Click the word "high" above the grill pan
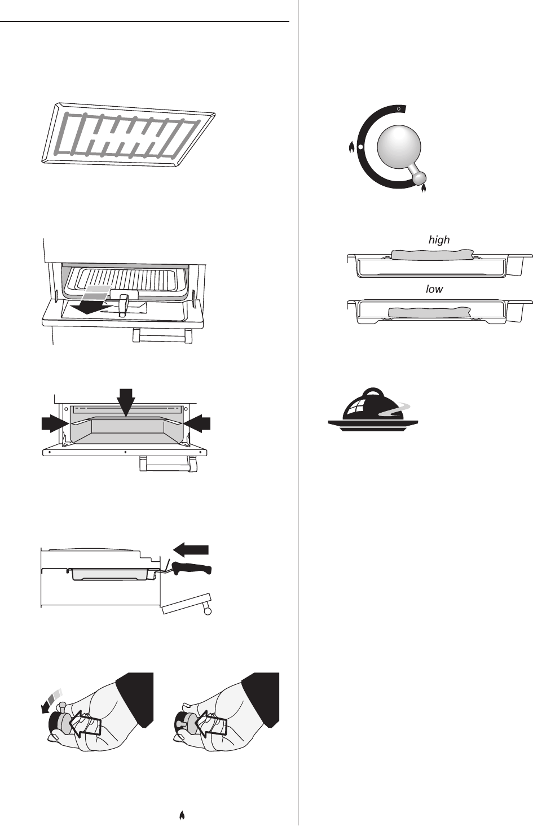tap(439, 240)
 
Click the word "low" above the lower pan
tap(434, 289)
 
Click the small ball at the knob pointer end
tap(419, 178)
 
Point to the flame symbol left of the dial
tap(351, 148)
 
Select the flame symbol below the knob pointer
tap(424, 189)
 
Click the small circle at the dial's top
tap(399, 107)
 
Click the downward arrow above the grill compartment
tap(126, 401)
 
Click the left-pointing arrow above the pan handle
tap(191, 549)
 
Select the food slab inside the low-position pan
tap(430, 311)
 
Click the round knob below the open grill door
tap(208, 611)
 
